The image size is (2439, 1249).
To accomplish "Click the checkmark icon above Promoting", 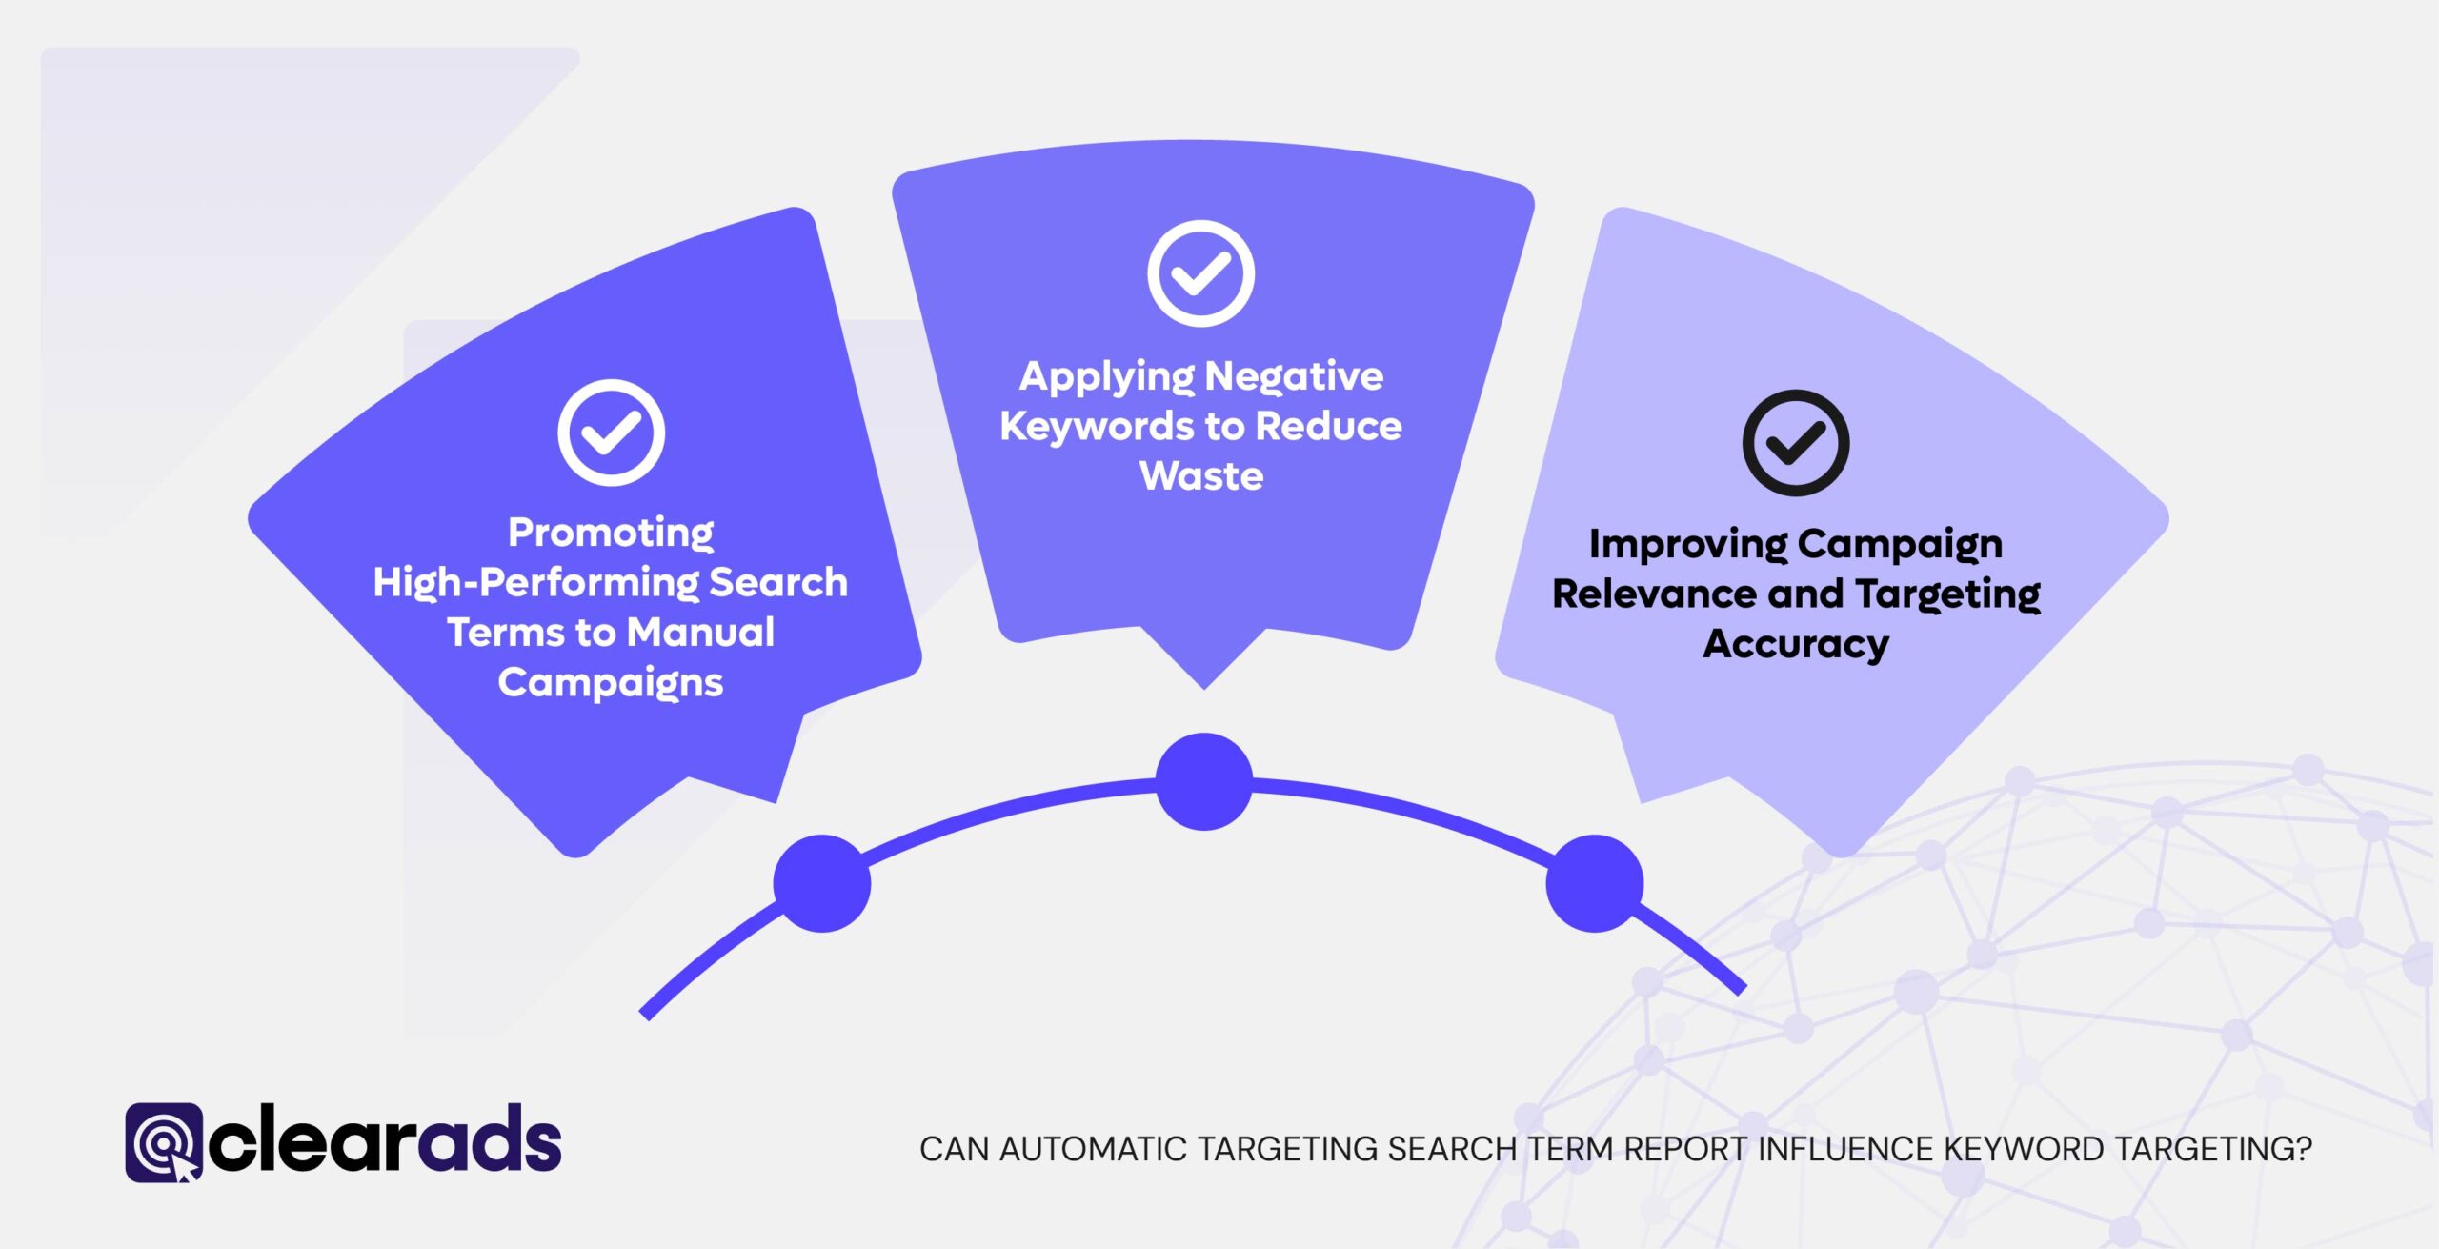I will click(611, 433).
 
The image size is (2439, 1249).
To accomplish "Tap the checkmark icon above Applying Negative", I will click(1200, 273).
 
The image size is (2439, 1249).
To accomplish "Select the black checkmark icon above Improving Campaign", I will click(1795, 443).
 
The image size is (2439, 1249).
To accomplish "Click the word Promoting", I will click(610, 533).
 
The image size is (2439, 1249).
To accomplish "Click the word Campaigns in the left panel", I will click(610, 683).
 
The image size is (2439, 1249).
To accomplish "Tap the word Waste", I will click(1200, 476).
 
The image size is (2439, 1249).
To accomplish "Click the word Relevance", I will click(1653, 594).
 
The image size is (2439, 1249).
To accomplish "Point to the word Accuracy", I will click(1795, 645).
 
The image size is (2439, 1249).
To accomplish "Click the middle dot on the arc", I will click(1203, 781).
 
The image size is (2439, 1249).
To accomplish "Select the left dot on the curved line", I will click(821, 883).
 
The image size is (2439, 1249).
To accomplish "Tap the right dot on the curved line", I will click(1594, 883).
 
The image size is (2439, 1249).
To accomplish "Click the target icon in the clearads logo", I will click(164, 1142).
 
